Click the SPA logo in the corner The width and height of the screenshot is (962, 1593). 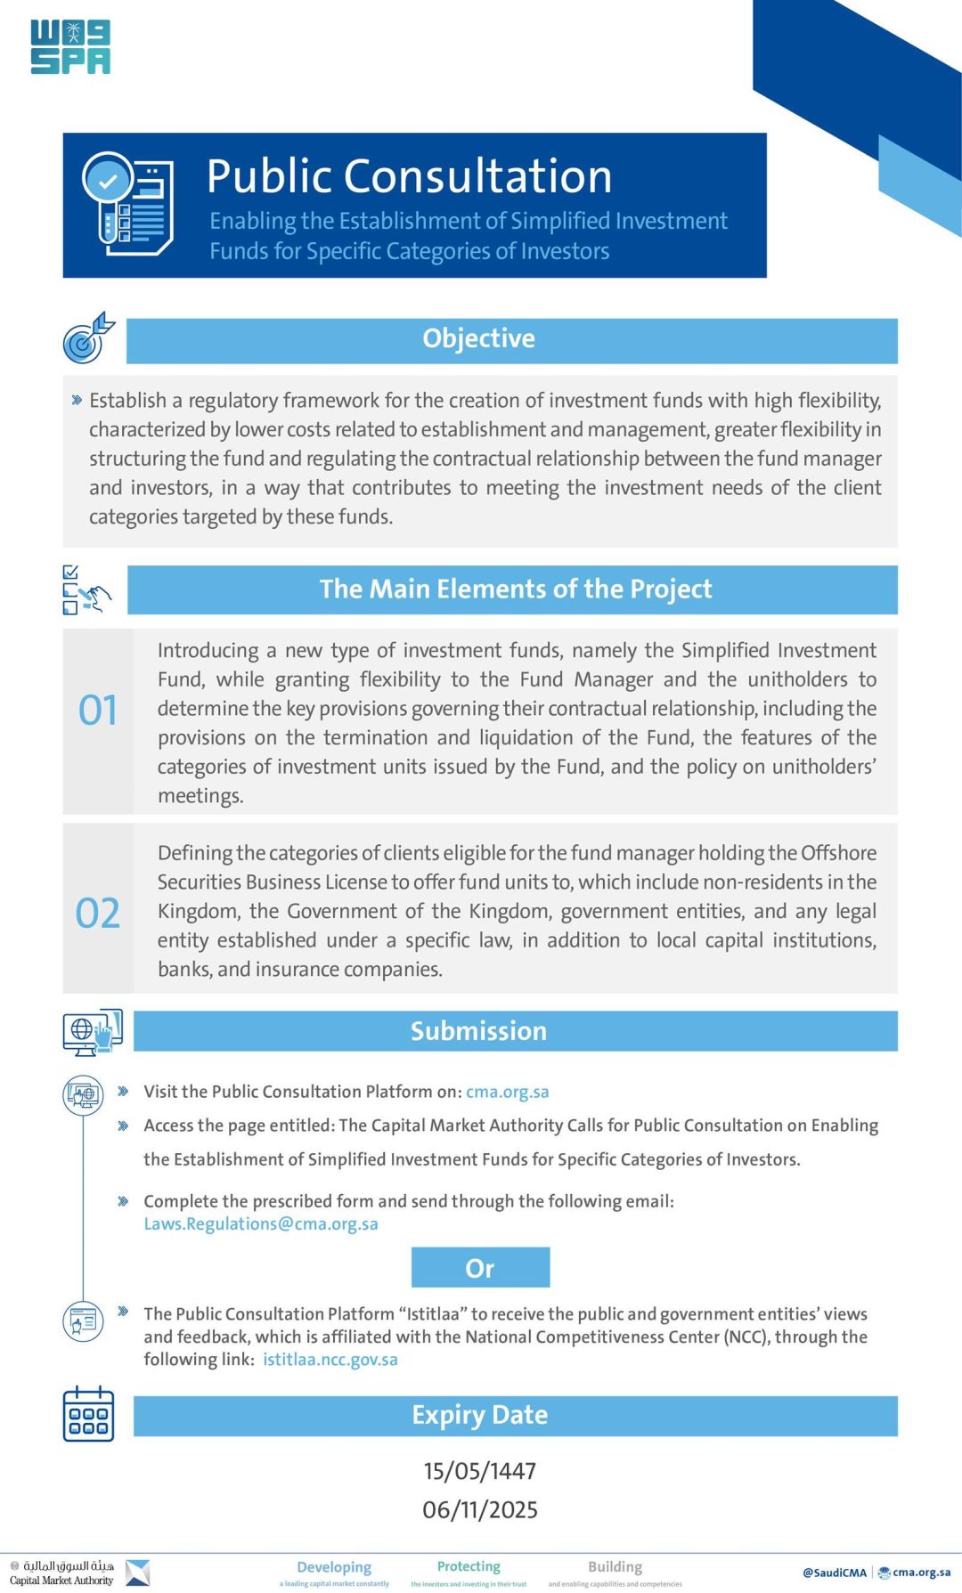tap(70, 47)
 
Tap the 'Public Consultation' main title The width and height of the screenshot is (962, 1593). tap(409, 176)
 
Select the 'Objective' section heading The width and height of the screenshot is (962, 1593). tap(478, 339)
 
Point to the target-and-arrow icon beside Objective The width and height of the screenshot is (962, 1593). tap(88, 338)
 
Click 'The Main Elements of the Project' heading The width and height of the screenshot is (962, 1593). tap(515, 589)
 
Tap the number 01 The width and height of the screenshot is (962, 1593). tap(98, 711)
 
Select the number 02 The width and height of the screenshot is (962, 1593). tap(98, 914)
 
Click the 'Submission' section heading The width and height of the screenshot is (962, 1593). tap(478, 1031)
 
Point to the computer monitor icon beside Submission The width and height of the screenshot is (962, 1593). tap(92, 1032)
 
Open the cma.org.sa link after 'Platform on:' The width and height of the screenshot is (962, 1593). tap(507, 1092)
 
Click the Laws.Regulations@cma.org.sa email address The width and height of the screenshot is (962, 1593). tap(261, 1224)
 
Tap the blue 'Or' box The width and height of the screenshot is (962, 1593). tap(480, 1268)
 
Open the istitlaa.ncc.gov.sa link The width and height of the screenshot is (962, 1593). tap(330, 1360)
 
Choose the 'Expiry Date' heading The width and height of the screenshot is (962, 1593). tap(479, 1415)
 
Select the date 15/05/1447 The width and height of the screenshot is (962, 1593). tap(479, 1471)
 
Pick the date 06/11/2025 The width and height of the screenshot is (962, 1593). tap(479, 1510)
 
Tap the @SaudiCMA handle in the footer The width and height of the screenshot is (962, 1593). tap(834, 1573)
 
